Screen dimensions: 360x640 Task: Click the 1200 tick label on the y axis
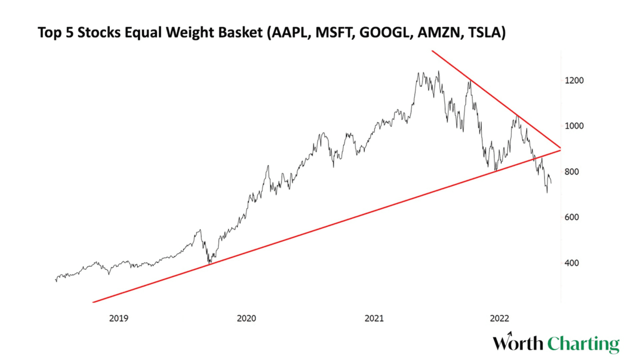coord(574,80)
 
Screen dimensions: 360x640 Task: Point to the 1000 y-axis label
coord(574,126)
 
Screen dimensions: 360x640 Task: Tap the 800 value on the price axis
coord(573,172)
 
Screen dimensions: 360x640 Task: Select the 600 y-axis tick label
coord(573,217)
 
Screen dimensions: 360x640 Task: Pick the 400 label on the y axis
coord(573,263)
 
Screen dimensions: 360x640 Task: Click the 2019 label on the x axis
coord(119,318)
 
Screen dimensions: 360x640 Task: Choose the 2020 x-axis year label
coord(246,318)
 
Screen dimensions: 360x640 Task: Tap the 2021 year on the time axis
coord(374,318)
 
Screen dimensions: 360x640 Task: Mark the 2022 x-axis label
coord(500,318)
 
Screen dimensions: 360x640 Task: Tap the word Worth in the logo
coord(518,343)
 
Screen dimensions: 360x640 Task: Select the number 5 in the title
coord(68,33)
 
